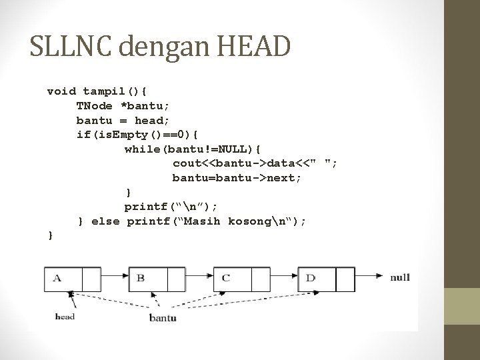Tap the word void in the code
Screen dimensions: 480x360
click(61, 91)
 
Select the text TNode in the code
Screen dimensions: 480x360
click(94, 105)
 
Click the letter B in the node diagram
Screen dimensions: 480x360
click(141, 277)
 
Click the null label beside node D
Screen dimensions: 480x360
click(400, 277)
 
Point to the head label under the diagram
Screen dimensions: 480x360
click(65, 317)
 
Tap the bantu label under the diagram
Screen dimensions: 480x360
click(163, 318)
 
